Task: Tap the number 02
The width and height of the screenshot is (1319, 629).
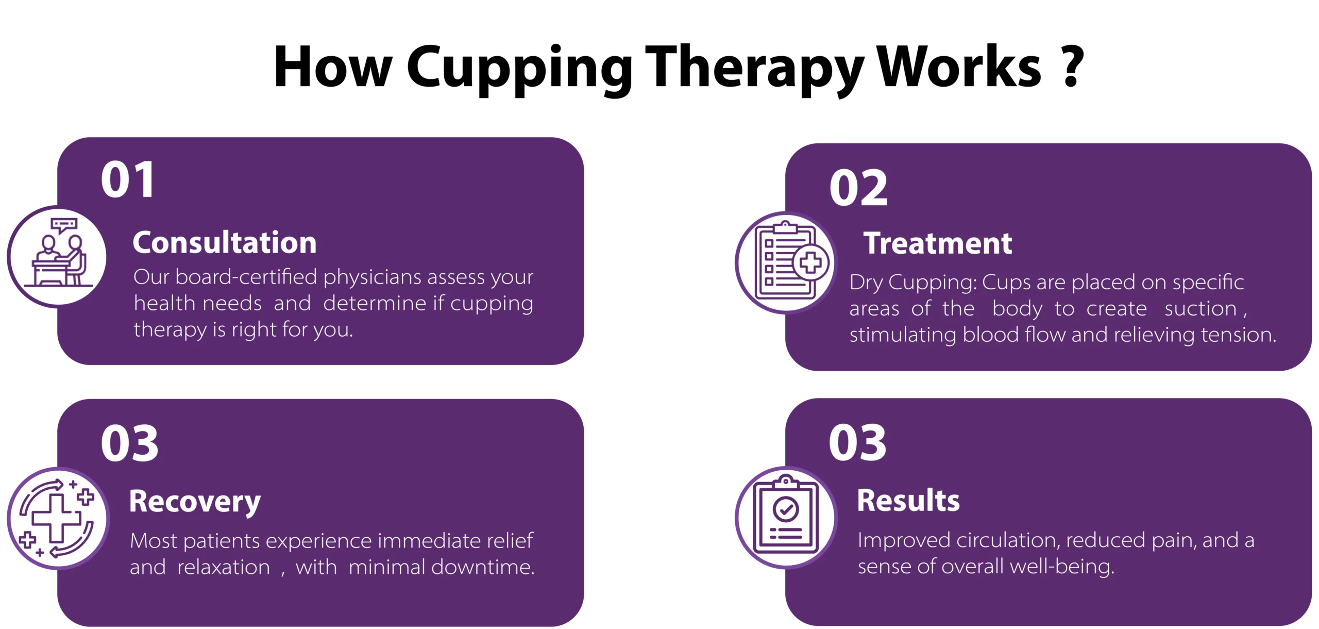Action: point(858,188)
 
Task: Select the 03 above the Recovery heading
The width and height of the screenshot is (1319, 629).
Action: point(129,443)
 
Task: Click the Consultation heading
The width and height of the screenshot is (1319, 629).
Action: point(225,242)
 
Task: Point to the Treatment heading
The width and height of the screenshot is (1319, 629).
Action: point(938,243)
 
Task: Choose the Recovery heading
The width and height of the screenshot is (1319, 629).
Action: point(195,501)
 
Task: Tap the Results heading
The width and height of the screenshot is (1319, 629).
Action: point(908,501)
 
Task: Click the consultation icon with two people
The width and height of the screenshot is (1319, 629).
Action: point(58,256)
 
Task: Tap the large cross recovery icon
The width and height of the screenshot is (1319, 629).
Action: point(57,519)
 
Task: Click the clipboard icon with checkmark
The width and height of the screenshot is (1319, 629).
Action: point(786,518)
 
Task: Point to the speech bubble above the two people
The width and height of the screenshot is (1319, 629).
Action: point(64,225)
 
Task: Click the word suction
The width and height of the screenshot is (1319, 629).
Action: point(1200,308)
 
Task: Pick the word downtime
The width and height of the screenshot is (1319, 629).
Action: point(482,567)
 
